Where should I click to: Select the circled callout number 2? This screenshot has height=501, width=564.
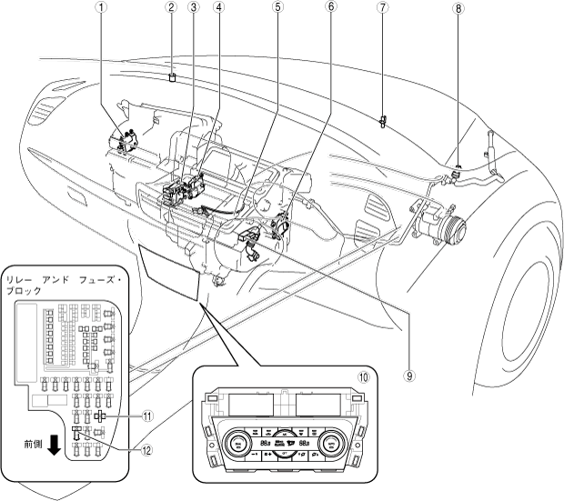coord(170,8)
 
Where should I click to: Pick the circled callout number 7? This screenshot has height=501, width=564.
coord(383,8)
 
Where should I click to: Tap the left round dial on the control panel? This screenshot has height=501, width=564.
coord(236,445)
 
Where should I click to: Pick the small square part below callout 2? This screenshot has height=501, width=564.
coord(172,78)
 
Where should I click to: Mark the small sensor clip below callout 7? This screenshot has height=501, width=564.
coord(383,119)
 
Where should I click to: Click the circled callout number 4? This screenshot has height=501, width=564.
coord(218,8)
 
